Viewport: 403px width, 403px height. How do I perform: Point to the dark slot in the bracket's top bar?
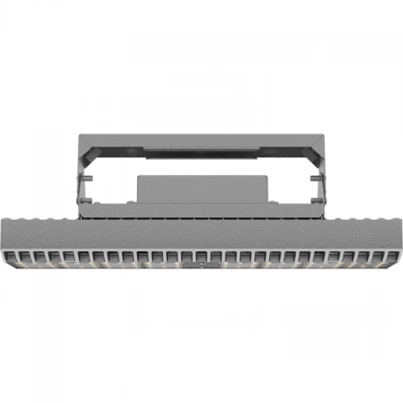201,150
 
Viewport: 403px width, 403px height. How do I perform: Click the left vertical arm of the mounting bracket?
84,181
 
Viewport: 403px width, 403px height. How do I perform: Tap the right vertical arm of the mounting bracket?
320,181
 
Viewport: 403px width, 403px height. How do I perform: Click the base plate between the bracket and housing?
201,211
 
